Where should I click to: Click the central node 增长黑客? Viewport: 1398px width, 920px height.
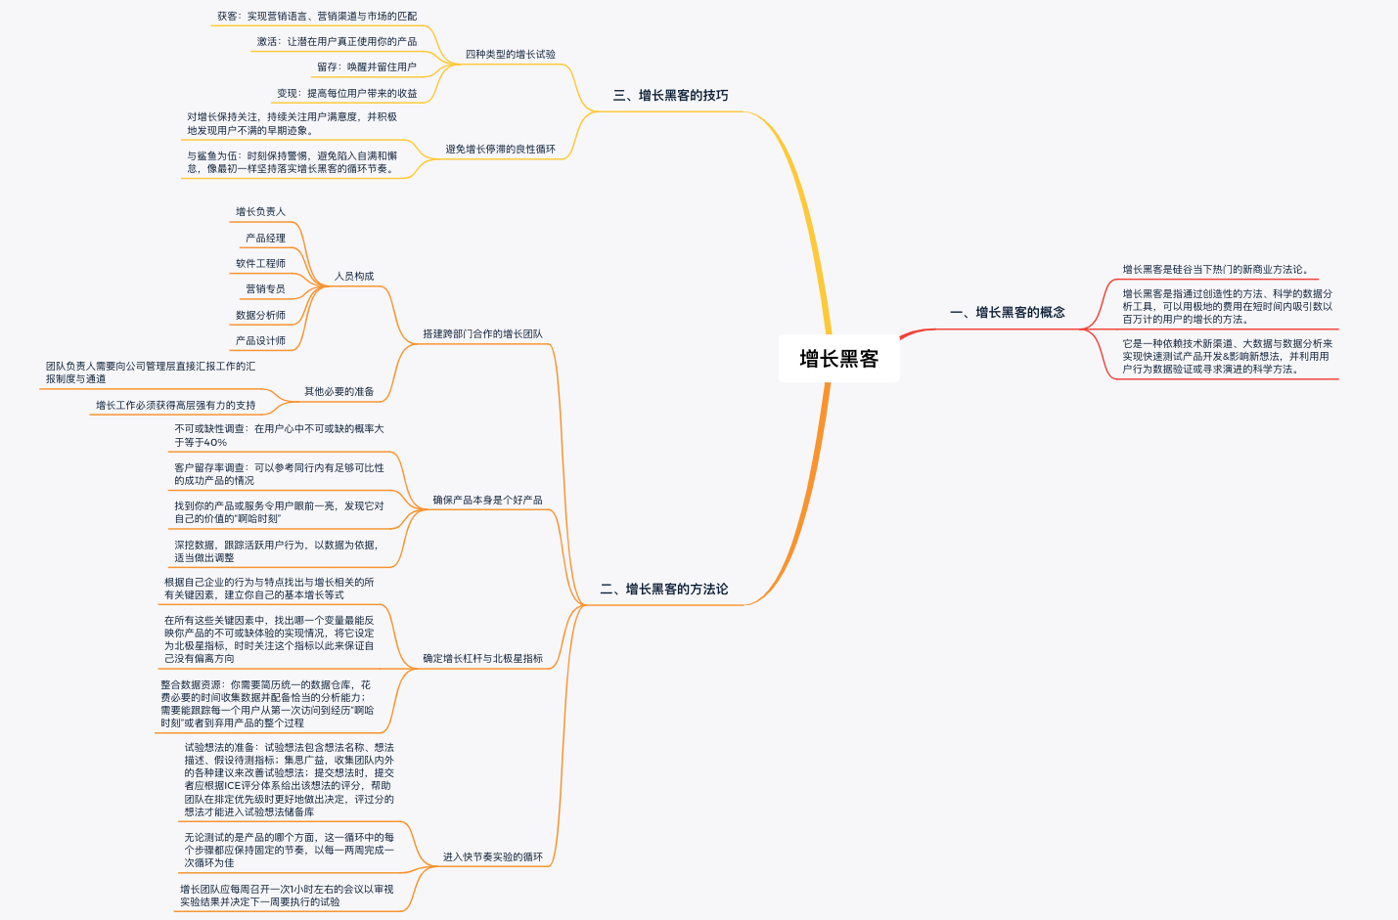point(838,359)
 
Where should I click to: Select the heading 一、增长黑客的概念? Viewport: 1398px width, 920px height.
point(1007,313)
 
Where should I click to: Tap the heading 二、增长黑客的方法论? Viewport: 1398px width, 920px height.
point(663,590)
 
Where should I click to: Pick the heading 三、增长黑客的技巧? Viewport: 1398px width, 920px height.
point(670,96)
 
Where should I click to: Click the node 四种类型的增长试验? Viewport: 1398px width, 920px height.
point(510,55)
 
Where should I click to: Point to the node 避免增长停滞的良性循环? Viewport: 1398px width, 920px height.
point(500,150)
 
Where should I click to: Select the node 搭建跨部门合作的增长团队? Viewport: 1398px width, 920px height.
point(482,334)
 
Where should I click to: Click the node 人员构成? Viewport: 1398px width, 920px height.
point(354,277)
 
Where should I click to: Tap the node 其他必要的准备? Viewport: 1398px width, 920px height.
point(338,392)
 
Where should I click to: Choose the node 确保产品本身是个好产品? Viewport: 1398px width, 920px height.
point(487,501)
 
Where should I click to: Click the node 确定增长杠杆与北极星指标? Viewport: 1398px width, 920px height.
point(482,659)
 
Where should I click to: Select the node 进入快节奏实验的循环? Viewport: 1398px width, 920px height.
point(492,857)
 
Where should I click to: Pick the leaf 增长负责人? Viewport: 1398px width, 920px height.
point(260,212)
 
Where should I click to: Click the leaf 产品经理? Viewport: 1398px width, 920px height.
point(265,239)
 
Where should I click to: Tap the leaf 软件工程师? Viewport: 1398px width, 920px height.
point(260,264)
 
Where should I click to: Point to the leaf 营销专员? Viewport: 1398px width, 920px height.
point(265,289)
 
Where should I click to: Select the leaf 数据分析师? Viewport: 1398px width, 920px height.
point(260,316)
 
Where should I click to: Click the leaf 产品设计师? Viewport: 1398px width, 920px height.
point(260,341)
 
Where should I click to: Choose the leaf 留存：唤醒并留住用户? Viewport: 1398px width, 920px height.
point(366,67)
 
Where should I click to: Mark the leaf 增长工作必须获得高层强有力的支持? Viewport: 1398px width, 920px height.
point(175,406)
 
